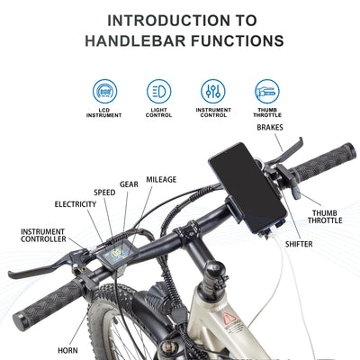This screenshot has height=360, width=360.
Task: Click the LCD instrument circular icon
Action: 104,91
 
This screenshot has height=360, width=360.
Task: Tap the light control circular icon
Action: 158,91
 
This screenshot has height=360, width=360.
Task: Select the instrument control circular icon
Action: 213,91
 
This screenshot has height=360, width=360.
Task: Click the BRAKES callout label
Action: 270,128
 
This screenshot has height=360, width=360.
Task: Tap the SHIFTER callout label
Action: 300,244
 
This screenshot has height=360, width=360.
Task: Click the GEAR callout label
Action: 129,184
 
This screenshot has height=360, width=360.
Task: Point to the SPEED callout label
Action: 105,193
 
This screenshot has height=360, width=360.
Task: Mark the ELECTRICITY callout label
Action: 75,204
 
